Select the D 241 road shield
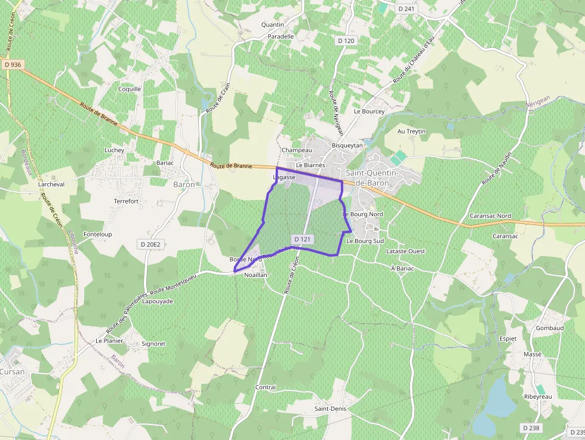pyautogui.click(x=407, y=9)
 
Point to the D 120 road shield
pyautogui.click(x=346, y=41)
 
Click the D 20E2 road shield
pyautogui.click(x=150, y=244)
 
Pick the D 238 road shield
pyautogui.click(x=531, y=428)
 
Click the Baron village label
pyautogui.click(x=184, y=184)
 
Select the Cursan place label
pyautogui.click(x=13, y=371)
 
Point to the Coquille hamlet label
pyautogui.click(x=130, y=89)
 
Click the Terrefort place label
pyautogui.click(x=126, y=201)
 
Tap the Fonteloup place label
pyautogui.click(x=98, y=235)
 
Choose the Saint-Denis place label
pyautogui.click(x=330, y=409)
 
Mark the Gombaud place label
pyautogui.click(x=550, y=328)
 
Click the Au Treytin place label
pyautogui.click(x=412, y=131)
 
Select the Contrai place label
pyautogui.click(x=266, y=387)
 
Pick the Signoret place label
pyautogui.click(x=153, y=344)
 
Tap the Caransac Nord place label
pyautogui.click(x=491, y=216)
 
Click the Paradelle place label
pyautogui.click(x=281, y=36)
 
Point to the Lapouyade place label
pyautogui.click(x=158, y=301)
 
